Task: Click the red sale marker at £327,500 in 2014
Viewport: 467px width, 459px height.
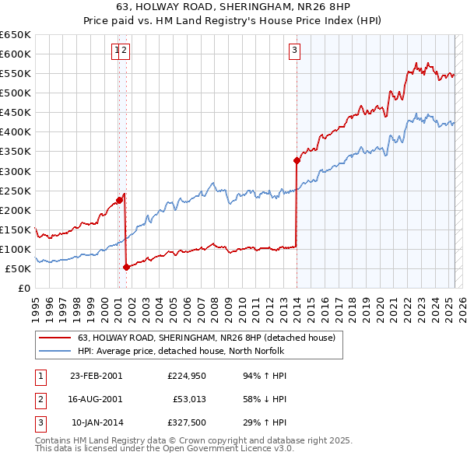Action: pyautogui.click(x=297, y=161)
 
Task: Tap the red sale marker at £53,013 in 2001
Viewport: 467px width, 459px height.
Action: pyautogui.click(x=126, y=268)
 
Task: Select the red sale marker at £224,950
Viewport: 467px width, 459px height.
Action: pyautogui.click(x=119, y=200)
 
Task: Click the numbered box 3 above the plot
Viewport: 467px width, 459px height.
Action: pyautogui.click(x=295, y=51)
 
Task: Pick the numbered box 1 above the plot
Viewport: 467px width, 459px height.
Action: pyautogui.click(x=116, y=51)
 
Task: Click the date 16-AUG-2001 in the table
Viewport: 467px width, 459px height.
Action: pyautogui.click(x=96, y=399)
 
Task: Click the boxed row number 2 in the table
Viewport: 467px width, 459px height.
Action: pyautogui.click(x=39, y=399)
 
